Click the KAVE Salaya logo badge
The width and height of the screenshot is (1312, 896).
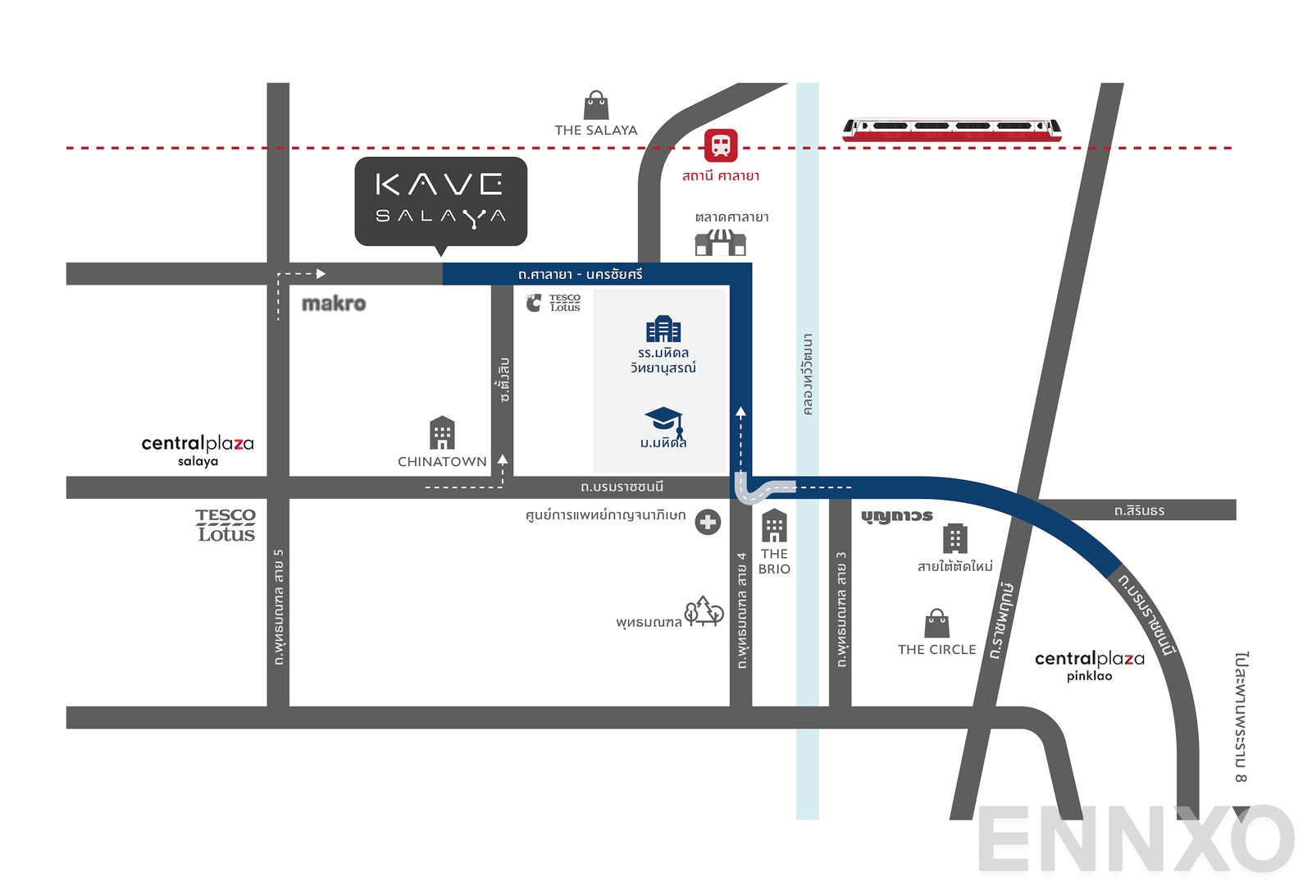coord(440,201)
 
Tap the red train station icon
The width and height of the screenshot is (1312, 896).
coord(721,146)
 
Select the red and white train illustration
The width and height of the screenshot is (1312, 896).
coord(952,130)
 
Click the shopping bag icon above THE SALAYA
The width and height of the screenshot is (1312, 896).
coord(596,106)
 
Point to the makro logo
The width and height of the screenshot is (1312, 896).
coord(334,304)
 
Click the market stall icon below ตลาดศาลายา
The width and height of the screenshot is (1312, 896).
coord(721,243)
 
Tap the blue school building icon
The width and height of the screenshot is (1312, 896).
coord(663,329)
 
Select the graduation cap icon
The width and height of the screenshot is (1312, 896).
coord(664,420)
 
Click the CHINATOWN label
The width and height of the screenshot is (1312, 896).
coord(442,462)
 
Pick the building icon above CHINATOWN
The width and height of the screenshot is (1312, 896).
coord(442,433)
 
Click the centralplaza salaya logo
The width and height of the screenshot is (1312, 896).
coord(198,450)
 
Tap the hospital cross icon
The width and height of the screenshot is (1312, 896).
coord(708,522)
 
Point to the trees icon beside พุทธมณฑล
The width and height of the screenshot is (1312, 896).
coord(704,611)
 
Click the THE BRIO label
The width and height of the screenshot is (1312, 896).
coord(774,561)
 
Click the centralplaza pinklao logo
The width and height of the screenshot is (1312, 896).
coord(1089,665)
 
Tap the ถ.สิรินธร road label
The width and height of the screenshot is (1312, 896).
coord(1139,510)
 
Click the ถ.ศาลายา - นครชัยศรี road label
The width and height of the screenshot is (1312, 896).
coord(581,274)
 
